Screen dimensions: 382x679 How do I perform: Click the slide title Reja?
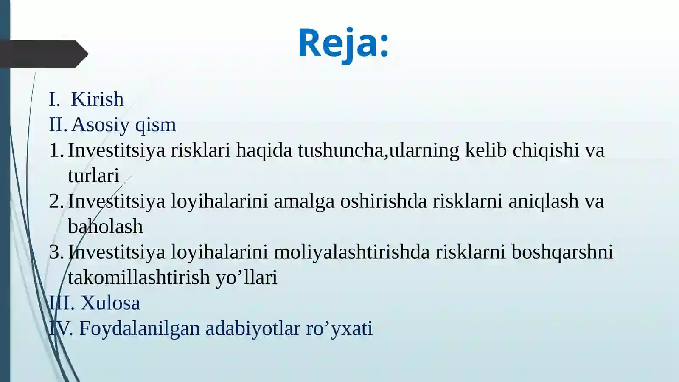point(343,43)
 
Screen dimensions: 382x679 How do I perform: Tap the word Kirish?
point(97,99)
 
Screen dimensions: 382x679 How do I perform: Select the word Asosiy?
point(101,125)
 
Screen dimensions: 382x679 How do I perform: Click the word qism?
point(155,125)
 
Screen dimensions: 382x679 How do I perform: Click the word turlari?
point(93,176)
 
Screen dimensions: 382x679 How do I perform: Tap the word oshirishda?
point(383,201)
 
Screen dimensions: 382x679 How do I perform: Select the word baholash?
point(105,227)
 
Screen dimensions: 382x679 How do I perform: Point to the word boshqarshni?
point(562,252)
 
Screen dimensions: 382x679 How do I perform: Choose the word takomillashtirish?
point(139,278)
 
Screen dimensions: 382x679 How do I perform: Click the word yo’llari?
point(246,278)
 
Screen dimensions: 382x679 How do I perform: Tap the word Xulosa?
point(110,303)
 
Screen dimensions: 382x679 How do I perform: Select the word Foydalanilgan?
point(139,329)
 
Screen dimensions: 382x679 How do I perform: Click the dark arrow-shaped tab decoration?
point(42,54)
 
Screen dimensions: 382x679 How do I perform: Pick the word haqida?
point(264,150)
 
